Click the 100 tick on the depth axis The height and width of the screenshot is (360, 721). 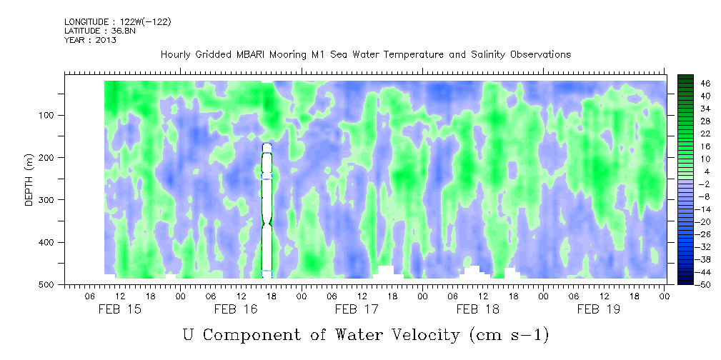click(56, 115)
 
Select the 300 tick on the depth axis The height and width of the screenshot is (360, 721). click(56, 200)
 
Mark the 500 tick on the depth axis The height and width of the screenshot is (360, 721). click(56, 284)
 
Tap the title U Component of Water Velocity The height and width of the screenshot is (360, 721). click(365, 334)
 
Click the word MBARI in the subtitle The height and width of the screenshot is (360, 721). click(267, 54)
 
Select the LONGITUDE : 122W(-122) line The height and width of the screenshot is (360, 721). click(117, 22)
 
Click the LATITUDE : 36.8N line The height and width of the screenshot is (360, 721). click(99, 31)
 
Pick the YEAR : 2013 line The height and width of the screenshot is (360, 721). click(90, 40)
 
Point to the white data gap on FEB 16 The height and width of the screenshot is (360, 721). click(267, 207)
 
